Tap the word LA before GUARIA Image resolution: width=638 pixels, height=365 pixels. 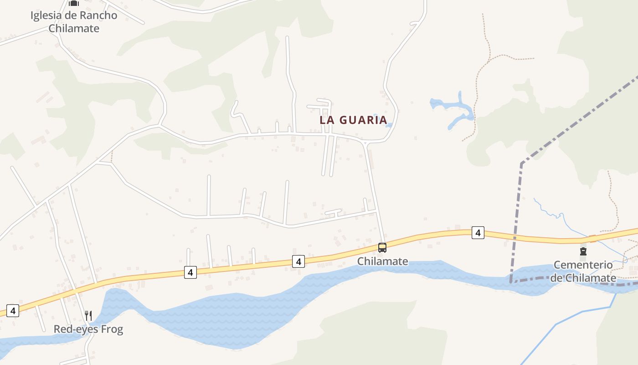pos(328,120)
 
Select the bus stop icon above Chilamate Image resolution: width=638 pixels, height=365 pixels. pos(382,248)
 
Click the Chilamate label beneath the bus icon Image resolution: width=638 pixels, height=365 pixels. pos(382,261)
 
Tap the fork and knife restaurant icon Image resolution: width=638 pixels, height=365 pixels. pos(88,315)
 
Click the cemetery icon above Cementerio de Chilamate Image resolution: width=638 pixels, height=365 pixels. pos(583,251)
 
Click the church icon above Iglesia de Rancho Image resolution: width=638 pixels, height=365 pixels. pos(73,3)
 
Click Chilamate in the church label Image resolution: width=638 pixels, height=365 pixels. pos(74,28)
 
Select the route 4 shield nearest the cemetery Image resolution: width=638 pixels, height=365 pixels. pos(478,233)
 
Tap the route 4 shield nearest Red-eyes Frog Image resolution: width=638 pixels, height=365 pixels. pos(13,311)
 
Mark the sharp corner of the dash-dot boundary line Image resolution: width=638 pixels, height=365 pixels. pos(522,163)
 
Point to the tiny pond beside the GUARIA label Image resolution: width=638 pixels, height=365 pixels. pos(389,125)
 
